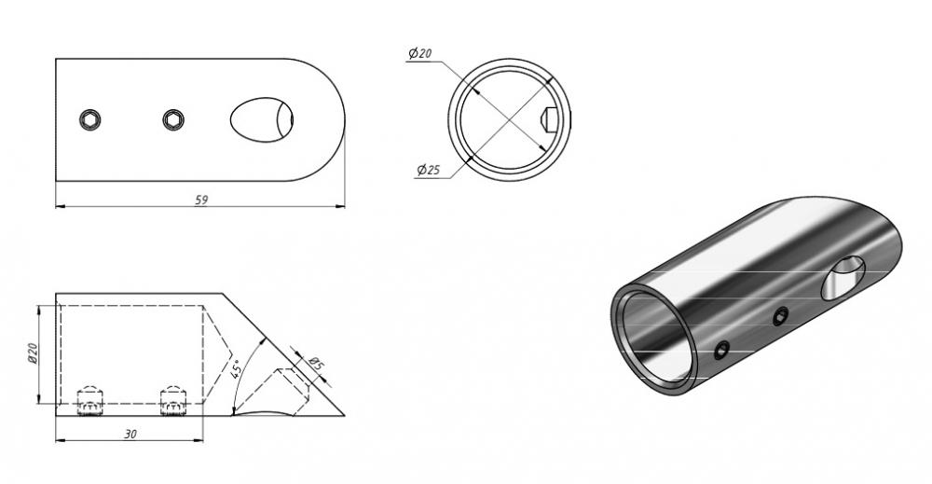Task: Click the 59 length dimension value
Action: (x=201, y=201)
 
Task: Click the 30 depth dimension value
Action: (x=130, y=434)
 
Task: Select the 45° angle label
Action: (x=236, y=369)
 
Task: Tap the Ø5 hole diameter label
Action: (x=316, y=363)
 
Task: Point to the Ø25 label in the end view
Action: (x=428, y=170)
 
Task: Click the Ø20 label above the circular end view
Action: (x=419, y=53)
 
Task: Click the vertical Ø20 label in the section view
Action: (x=34, y=353)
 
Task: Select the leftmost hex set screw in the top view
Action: (x=89, y=119)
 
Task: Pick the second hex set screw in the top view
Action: (x=173, y=119)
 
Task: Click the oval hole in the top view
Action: (x=262, y=119)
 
